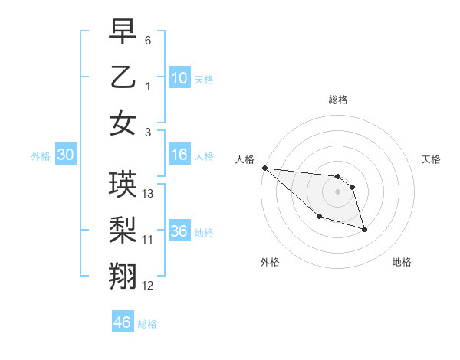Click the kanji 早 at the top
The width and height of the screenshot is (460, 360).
123,31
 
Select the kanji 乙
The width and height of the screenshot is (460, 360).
123,77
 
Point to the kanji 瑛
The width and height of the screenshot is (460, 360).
123,185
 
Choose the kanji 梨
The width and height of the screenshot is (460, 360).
123,231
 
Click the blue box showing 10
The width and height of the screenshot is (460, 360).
179,77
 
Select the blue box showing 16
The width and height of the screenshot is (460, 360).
179,155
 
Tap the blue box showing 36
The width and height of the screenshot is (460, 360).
179,231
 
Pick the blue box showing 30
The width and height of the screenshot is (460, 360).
65,155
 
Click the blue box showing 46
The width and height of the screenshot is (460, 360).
122,322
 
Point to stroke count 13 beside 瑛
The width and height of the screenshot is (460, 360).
149,194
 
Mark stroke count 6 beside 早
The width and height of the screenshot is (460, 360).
148,40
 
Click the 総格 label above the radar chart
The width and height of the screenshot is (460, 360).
337,100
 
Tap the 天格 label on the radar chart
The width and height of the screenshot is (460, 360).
432,159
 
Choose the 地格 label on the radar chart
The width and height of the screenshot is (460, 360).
402,262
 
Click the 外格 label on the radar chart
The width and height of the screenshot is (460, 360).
270,262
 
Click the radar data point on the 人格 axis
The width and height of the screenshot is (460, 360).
264,168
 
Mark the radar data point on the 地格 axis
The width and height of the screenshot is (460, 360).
364,229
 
